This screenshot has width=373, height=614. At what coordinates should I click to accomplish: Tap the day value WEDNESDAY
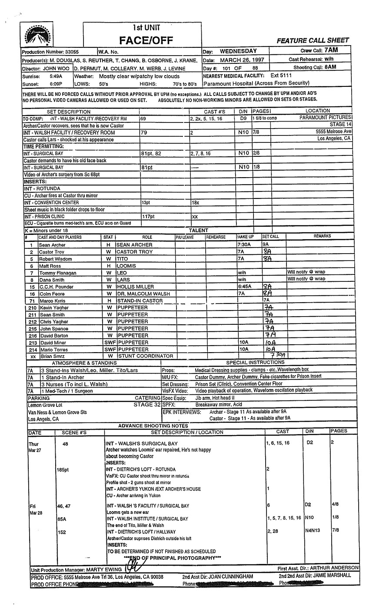click(238, 51)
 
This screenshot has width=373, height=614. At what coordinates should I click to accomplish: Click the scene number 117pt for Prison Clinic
click(148, 216)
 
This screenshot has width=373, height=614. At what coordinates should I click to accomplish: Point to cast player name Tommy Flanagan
click(57, 273)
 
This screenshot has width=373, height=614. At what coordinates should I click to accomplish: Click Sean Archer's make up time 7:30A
click(243, 245)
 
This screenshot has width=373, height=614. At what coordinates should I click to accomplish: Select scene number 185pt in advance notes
click(63, 469)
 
